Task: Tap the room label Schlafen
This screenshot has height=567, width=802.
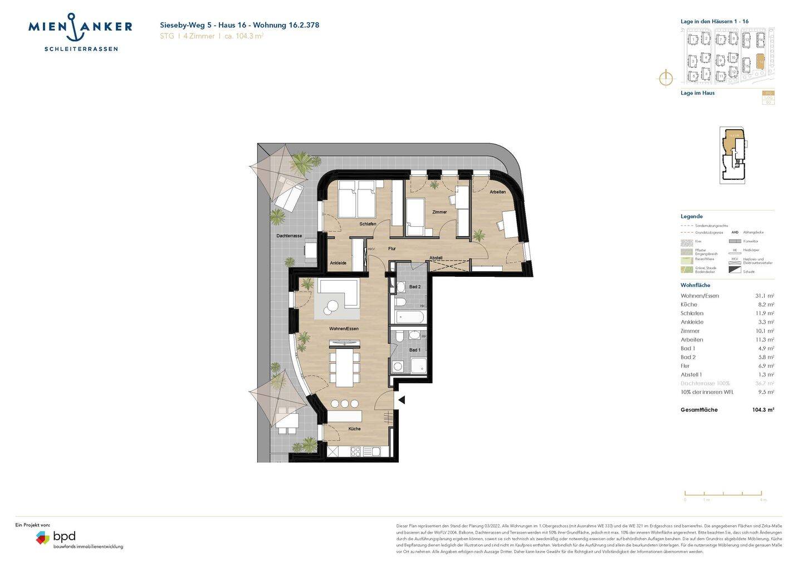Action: point(368,224)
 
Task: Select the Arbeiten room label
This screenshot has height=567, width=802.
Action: point(498,192)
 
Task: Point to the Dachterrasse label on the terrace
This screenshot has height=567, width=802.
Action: point(289,236)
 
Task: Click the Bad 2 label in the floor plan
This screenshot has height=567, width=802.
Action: point(415,287)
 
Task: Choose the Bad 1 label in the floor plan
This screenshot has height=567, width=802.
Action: point(415,350)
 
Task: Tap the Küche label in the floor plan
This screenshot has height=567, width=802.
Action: point(355,429)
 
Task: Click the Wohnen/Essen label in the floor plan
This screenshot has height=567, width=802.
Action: point(344,329)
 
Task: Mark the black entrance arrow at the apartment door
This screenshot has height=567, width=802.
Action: point(401,400)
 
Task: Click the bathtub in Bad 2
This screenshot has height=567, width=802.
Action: point(410,317)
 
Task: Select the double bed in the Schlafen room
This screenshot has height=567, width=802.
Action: point(358,199)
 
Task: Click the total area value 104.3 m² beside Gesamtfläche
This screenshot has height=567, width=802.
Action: point(763,410)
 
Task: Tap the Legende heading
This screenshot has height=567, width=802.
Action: point(691,217)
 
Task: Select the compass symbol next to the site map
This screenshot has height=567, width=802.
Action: point(666,78)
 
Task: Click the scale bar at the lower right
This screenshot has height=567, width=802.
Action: point(723,493)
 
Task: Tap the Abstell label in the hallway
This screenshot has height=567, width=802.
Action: point(436,258)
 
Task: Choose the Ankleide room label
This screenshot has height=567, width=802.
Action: point(338,263)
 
